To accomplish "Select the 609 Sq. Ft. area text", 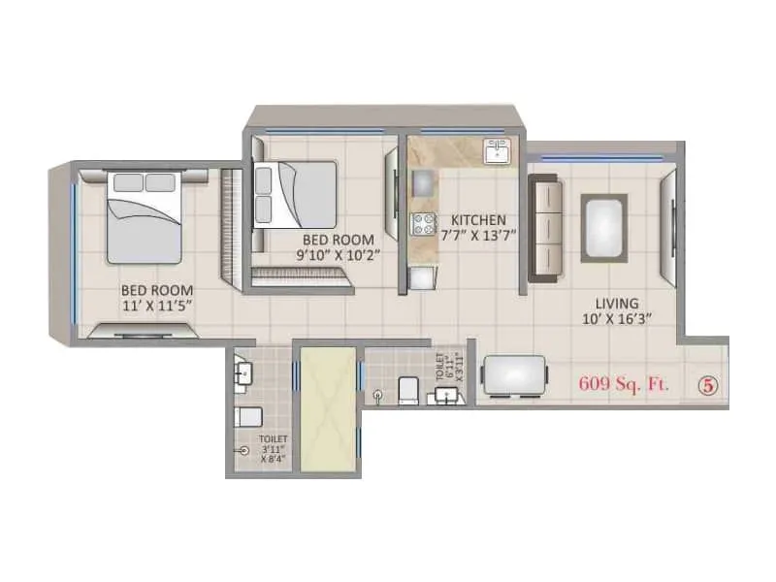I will (x=625, y=383).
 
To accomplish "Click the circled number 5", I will (x=709, y=384).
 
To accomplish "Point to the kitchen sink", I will (x=498, y=151).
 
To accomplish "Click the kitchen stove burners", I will (x=424, y=224).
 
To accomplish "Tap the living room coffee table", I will (x=603, y=227).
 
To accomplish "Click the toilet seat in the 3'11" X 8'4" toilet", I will (x=248, y=417).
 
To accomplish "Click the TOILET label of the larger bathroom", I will (x=273, y=440).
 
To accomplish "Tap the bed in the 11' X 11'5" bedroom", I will (x=144, y=216).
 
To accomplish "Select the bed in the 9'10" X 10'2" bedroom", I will (x=295, y=194).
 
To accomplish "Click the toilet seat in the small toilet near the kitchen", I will (x=407, y=390).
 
